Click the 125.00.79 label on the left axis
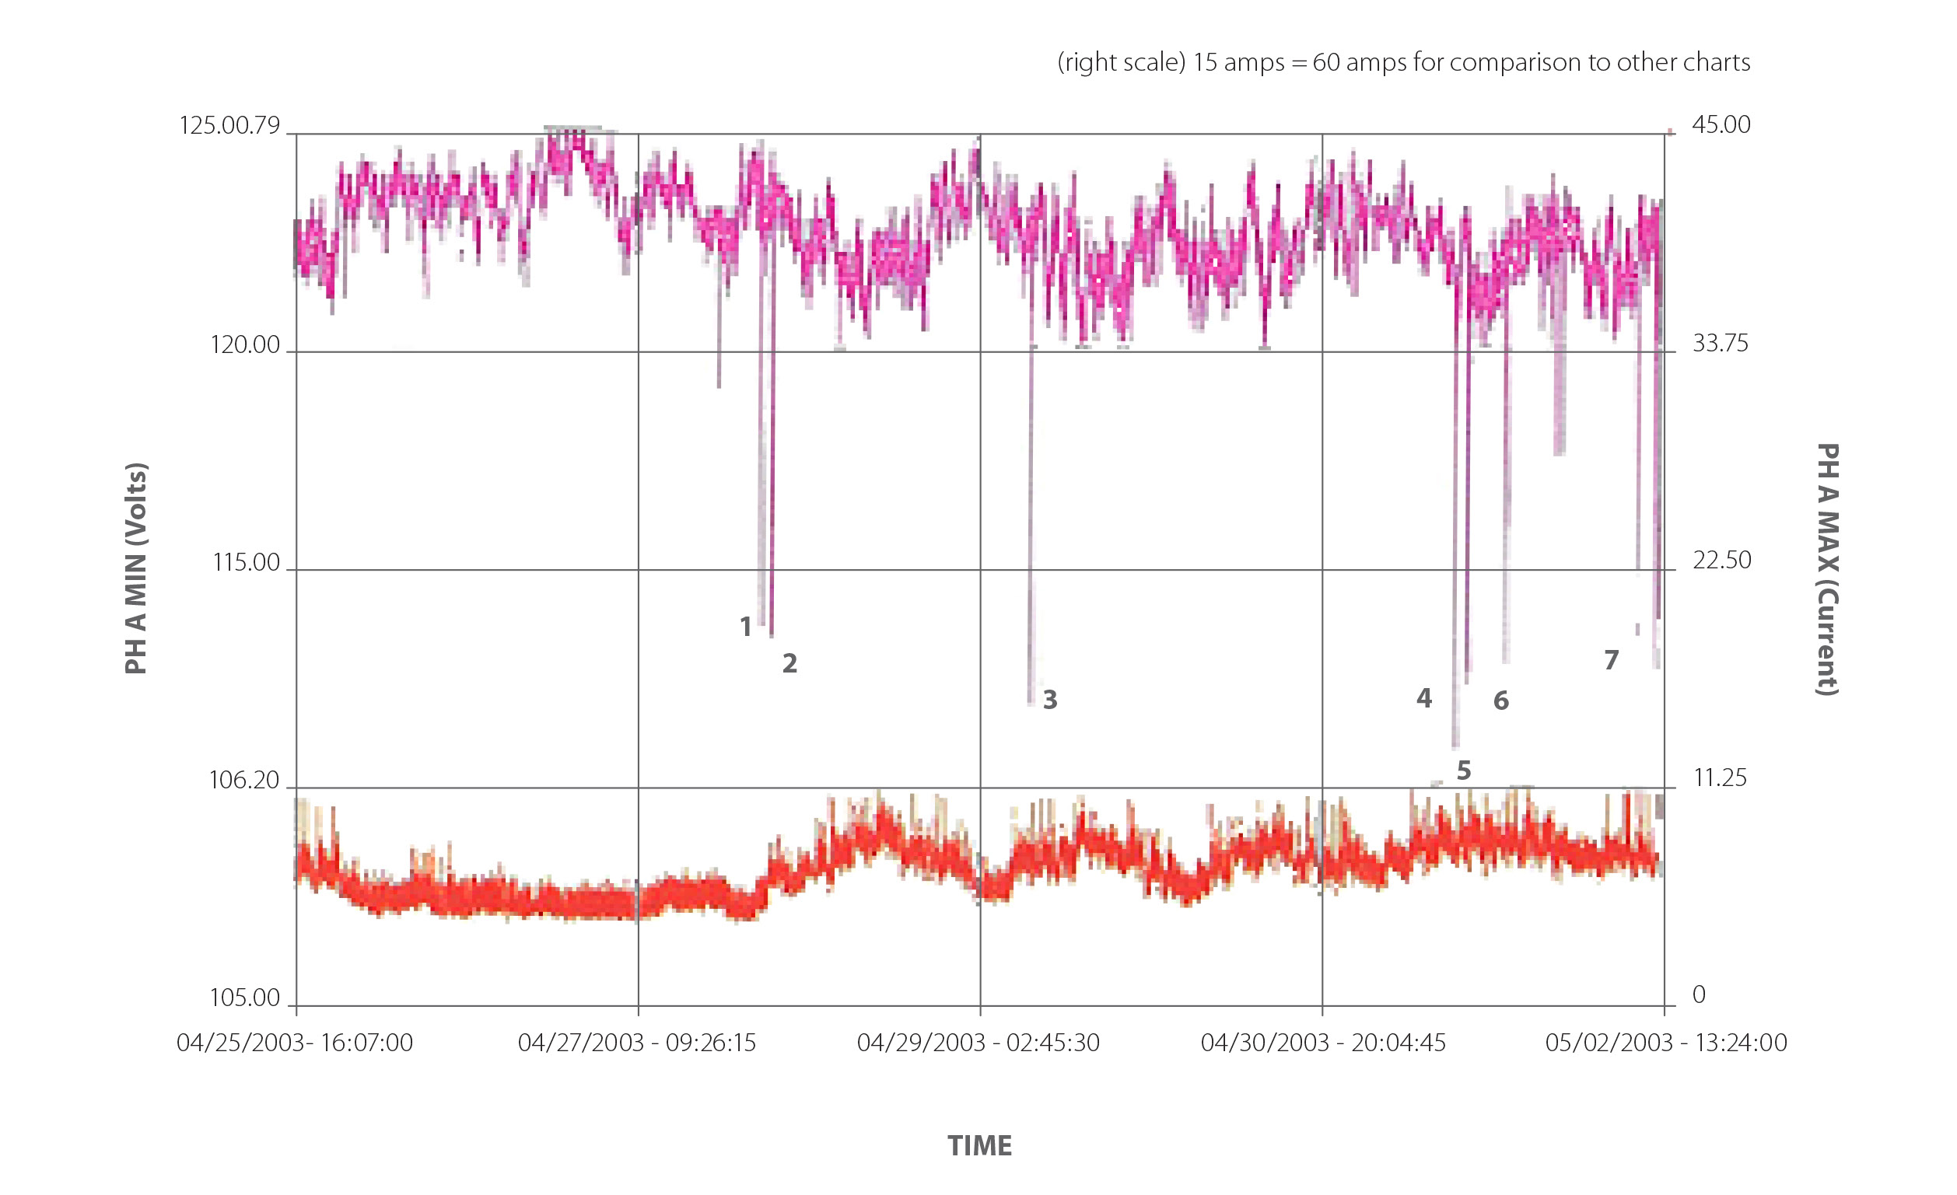[x=229, y=125]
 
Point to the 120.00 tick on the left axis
[x=246, y=344]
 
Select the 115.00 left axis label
[x=247, y=562]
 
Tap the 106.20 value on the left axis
[x=244, y=780]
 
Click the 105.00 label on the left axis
[x=244, y=998]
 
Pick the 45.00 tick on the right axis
[x=1721, y=124]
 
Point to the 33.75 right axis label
[x=1721, y=343]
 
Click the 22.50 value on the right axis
[x=1721, y=561]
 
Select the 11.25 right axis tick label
[x=1720, y=777]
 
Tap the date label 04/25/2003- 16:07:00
[x=295, y=1043]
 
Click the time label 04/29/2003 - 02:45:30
[x=978, y=1043]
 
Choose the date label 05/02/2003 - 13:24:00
[x=1665, y=1043]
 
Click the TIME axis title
[x=979, y=1146]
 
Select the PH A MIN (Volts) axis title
[x=136, y=568]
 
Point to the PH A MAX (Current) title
[x=1828, y=569]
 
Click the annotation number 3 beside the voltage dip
[x=1050, y=700]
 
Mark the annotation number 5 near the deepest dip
[x=1464, y=770]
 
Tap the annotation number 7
[x=1611, y=660]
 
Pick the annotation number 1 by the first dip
[x=745, y=627]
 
